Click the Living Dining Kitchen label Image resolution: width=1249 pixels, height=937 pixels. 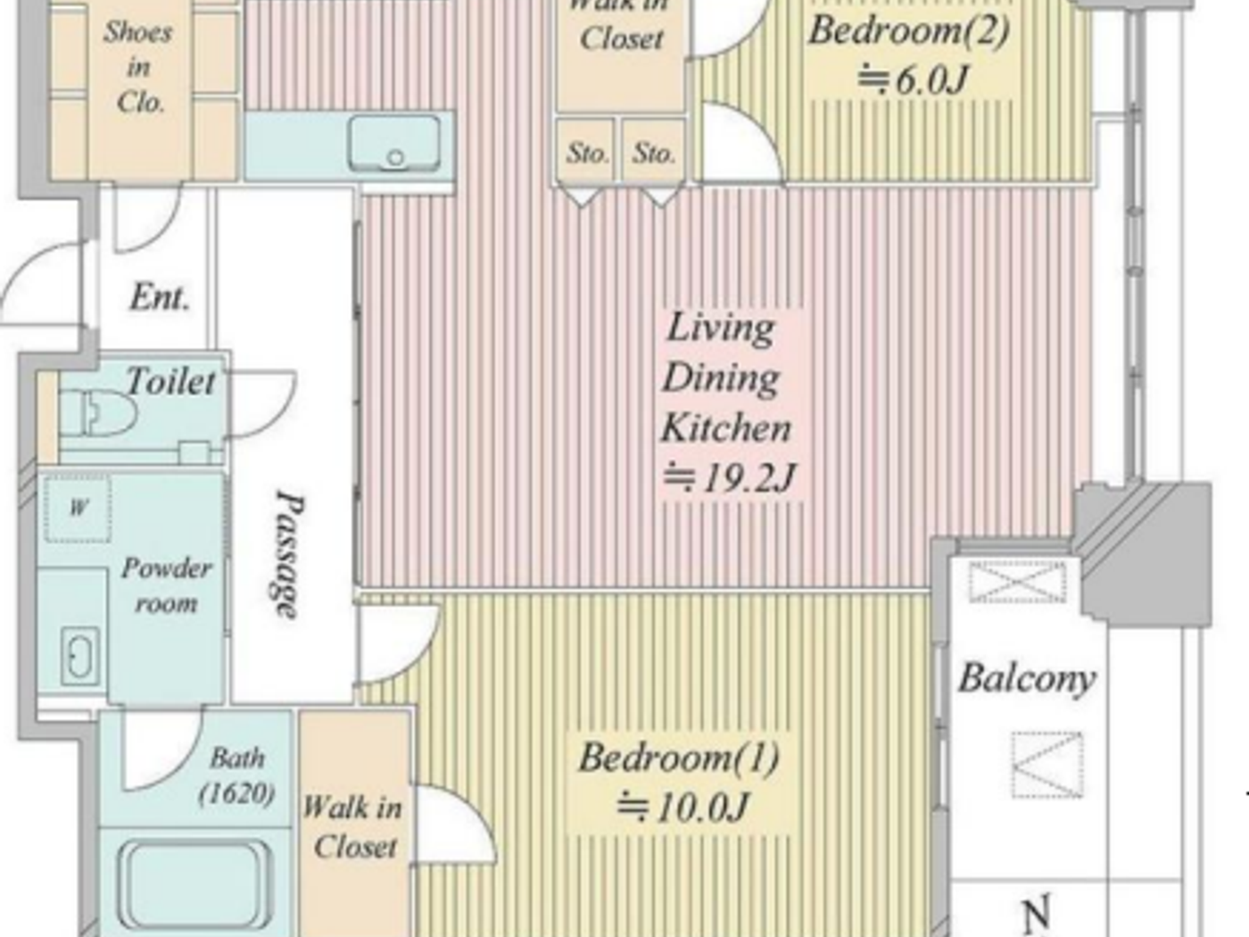click(724, 377)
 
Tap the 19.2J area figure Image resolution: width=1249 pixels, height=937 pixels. click(728, 479)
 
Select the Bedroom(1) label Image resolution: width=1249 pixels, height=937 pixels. click(678, 758)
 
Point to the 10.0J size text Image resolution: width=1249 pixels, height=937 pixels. click(682, 808)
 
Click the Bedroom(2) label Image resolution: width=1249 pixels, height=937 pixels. click(908, 30)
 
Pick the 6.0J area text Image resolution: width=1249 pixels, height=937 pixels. click(912, 80)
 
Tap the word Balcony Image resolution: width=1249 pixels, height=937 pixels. click(1027, 678)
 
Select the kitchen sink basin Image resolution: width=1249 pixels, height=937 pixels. click(394, 143)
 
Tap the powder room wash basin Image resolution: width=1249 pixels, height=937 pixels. click(79, 656)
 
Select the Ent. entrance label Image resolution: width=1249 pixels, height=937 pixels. click(159, 297)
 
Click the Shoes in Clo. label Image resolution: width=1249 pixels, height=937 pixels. click(138, 67)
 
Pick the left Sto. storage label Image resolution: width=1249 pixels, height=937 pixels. click(587, 153)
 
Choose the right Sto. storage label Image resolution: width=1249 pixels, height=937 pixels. click(653, 153)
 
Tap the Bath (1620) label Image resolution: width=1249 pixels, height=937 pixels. click(236, 775)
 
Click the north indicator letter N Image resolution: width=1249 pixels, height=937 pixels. click(1035, 915)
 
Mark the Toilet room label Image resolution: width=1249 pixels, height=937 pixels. click(170, 382)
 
